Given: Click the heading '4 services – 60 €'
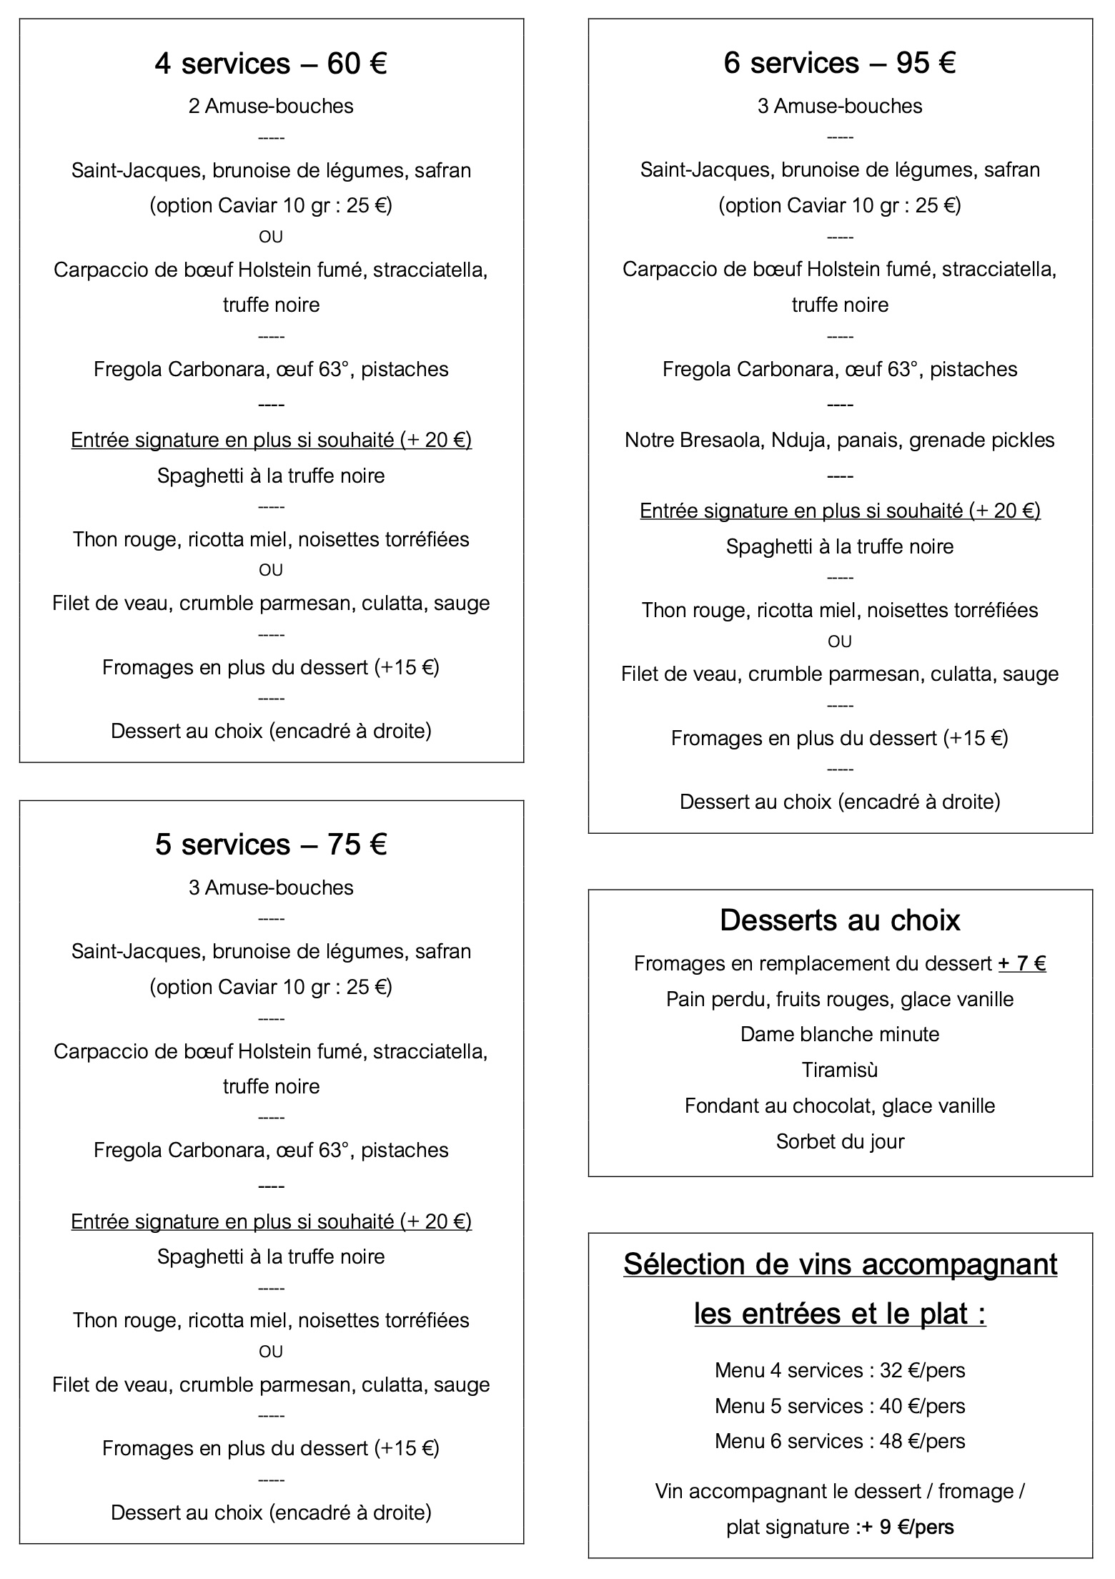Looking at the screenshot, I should [271, 64].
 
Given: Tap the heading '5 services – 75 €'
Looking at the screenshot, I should [271, 845].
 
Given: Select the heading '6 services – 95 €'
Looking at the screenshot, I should [840, 63].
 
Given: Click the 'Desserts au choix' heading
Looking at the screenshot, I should [840, 920].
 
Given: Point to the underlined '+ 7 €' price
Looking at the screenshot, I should [1022, 964].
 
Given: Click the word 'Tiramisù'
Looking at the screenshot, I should [840, 1070].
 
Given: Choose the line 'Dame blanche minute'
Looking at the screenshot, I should [840, 1034].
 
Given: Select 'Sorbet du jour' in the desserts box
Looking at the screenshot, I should [840, 1141].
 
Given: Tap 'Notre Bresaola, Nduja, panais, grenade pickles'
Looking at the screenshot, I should [840, 440].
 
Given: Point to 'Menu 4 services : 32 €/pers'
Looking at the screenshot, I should [840, 1370].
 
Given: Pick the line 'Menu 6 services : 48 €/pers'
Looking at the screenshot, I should [840, 1441].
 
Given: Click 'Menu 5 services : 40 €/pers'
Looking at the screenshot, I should [840, 1406].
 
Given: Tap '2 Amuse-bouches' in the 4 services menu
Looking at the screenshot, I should [271, 107].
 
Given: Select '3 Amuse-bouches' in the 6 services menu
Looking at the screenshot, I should [840, 107].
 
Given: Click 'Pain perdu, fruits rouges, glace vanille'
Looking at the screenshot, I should [840, 999].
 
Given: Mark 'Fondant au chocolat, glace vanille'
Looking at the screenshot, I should [840, 1106].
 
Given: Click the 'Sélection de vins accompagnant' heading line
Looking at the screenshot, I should [840, 1264].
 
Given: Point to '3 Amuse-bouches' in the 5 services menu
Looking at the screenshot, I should [271, 887].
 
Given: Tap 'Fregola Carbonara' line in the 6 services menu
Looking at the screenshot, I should [840, 369].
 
